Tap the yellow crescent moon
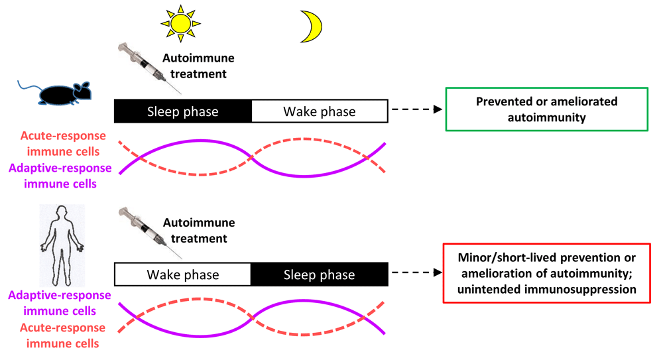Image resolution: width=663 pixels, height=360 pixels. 312,25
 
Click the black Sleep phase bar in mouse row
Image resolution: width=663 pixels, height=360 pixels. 183,111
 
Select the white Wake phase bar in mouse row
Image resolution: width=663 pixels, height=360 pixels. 320,111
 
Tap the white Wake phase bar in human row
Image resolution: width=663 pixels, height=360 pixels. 183,274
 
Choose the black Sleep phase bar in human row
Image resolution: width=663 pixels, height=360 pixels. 320,274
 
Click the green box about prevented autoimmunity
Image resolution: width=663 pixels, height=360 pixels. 546,109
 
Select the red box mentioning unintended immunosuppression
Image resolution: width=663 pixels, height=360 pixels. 546,272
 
